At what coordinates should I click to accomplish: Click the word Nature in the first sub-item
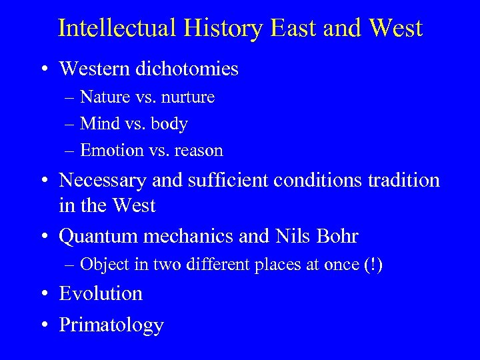coord(102,97)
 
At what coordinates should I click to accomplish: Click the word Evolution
coord(101,293)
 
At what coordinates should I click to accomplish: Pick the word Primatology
coord(111,325)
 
